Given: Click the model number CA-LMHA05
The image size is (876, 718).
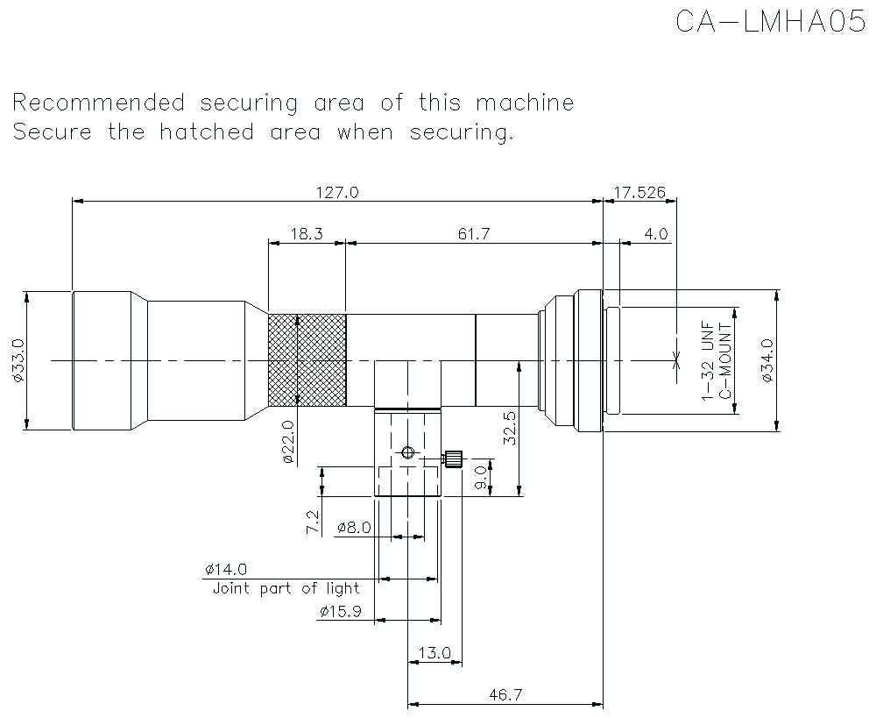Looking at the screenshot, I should pos(770,21).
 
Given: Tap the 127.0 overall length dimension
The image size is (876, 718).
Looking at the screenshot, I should pos(337,192).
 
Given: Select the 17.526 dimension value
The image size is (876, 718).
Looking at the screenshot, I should pos(640,192).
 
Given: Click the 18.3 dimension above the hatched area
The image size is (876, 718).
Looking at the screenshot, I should pos(307,234).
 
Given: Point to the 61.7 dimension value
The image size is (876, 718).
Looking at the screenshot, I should pos(474,234).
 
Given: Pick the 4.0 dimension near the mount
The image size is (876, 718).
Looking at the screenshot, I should pos(655,234).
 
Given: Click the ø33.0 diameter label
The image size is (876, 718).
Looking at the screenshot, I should pos(17,360).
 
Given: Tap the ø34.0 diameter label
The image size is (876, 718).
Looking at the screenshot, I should pos(767,361).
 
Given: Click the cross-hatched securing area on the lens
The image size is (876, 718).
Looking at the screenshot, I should pos(307,360).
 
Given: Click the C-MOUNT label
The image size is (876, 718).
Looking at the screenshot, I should pos(725,360).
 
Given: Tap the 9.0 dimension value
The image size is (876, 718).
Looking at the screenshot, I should pos(479,478).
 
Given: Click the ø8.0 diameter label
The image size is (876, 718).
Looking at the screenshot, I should pos(354,528).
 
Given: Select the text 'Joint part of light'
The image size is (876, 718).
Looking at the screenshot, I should pos(286,588).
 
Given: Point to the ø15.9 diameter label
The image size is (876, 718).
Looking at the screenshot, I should pos(340,611).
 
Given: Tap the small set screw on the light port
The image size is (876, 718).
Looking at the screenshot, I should pos(453,459).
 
